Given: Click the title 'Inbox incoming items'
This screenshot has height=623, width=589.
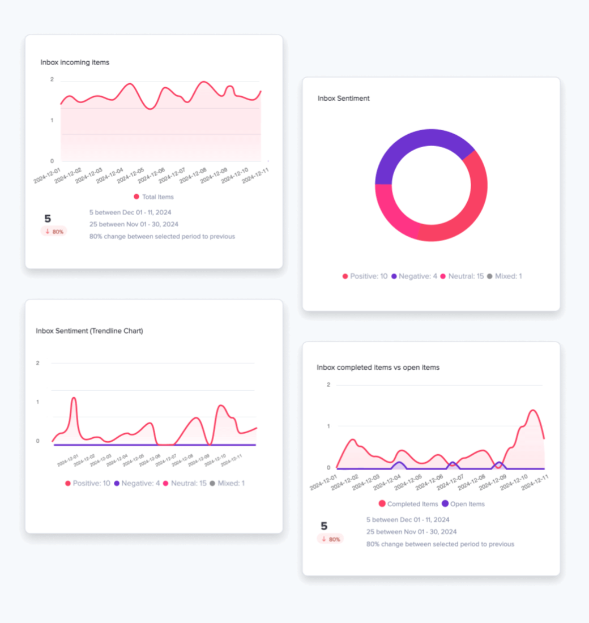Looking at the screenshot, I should (x=75, y=62).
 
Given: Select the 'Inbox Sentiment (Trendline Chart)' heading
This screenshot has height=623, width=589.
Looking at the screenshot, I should (x=89, y=331).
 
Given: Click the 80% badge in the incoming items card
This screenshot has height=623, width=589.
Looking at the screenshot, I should (x=54, y=232).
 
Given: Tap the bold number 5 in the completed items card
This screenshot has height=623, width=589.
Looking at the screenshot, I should (x=324, y=526).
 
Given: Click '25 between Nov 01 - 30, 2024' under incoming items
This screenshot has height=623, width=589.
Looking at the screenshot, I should (x=134, y=224).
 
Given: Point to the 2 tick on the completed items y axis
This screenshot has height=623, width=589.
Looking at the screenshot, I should (x=328, y=385).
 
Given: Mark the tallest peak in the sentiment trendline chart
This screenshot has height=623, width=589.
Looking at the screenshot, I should (x=74, y=399).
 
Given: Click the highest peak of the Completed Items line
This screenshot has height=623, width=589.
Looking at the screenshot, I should (x=532, y=411).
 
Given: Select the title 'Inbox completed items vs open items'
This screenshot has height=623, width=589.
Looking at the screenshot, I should (x=378, y=368).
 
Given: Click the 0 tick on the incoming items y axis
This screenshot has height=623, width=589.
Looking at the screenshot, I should (x=52, y=161).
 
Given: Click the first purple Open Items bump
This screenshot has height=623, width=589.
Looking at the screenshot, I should (x=399, y=463).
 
